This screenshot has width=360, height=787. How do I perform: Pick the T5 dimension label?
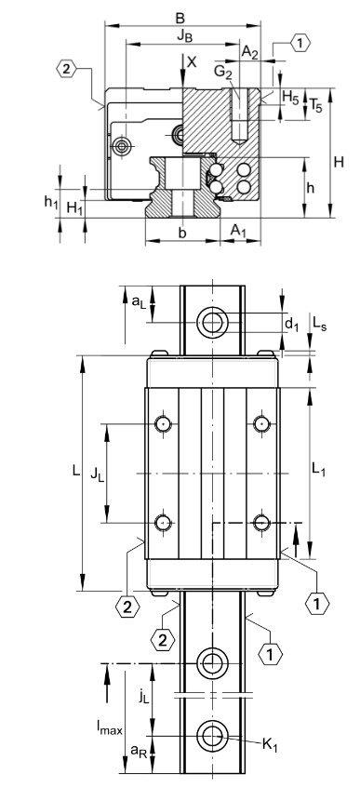(x=317, y=105)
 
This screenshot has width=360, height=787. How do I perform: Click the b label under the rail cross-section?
(x=182, y=233)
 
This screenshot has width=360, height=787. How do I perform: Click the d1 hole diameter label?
(x=291, y=324)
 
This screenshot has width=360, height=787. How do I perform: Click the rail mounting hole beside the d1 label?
(x=215, y=323)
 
